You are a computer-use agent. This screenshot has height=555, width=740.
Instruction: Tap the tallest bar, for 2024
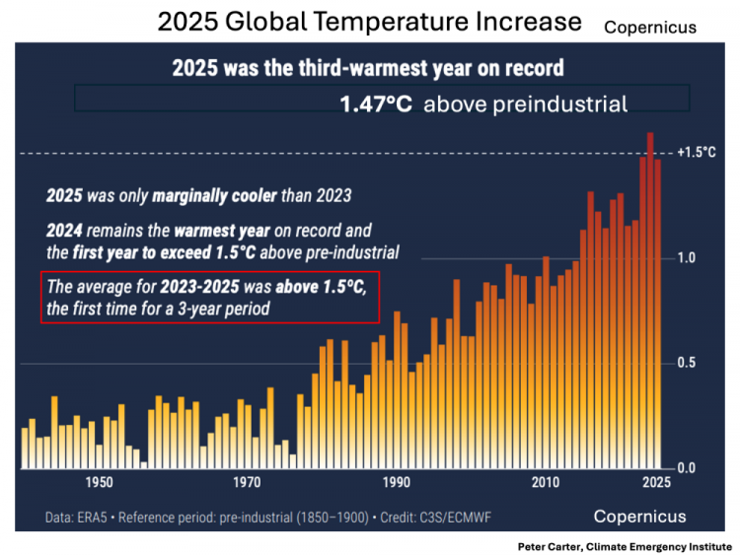(x=650, y=296)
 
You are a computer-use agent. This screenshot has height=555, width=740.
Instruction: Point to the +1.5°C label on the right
(x=697, y=153)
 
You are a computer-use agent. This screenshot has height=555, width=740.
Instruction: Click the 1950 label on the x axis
(x=99, y=482)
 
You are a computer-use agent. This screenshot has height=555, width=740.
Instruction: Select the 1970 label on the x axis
(x=248, y=482)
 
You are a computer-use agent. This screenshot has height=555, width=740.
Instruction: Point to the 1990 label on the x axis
(x=397, y=482)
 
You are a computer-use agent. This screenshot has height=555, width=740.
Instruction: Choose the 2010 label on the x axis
(x=545, y=482)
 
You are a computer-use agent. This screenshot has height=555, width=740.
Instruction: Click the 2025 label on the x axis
(x=652, y=482)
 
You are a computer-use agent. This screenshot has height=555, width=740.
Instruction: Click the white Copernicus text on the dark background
(x=639, y=517)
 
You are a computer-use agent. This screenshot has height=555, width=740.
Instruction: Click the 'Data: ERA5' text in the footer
(x=80, y=518)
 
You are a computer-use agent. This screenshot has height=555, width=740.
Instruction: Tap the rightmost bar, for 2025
(x=658, y=315)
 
